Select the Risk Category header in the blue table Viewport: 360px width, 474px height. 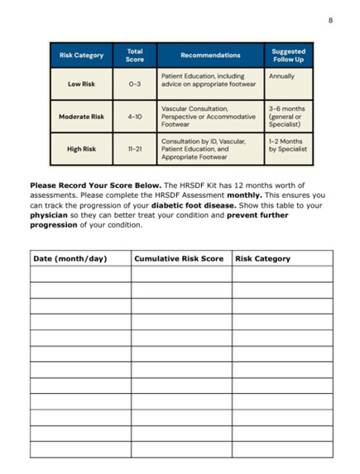tap(82, 55)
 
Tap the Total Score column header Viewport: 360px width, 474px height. tap(135, 55)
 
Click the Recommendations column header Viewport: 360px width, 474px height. tap(210, 55)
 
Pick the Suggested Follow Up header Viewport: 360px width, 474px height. tap(288, 55)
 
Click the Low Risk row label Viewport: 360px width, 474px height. tap(82, 84)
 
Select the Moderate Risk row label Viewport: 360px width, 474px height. tap(82, 117)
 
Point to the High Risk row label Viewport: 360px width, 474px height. tap(82, 150)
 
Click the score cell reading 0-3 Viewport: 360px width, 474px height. tap(135, 84)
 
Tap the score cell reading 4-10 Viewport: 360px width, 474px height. tap(135, 117)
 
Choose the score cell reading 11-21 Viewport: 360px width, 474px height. tap(135, 150)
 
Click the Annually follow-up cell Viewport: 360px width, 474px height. tap(281, 76)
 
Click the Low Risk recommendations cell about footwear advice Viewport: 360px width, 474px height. tap(203, 80)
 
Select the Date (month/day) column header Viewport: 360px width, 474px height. tap(70, 259)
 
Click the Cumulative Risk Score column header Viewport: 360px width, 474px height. tap(179, 259)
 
